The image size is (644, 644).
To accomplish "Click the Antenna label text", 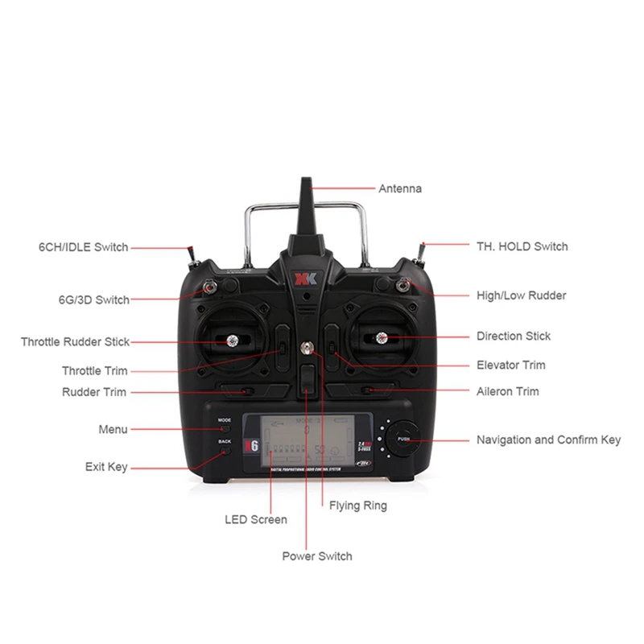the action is (x=400, y=188).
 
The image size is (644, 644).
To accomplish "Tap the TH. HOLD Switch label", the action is (x=522, y=246).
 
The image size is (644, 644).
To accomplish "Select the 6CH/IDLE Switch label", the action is (x=83, y=247).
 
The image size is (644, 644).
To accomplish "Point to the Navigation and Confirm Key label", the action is (x=548, y=440).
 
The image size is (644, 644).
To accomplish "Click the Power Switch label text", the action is (x=316, y=555).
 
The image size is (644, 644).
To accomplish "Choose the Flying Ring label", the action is (x=357, y=506).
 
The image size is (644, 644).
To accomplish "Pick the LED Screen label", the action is (x=255, y=519).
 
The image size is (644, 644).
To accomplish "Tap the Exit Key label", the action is (x=106, y=467).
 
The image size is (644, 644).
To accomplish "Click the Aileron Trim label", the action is (x=508, y=391).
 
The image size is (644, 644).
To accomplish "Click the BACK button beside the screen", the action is (x=224, y=448).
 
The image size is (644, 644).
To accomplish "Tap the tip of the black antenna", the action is (x=305, y=180).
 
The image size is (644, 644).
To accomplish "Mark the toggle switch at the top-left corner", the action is (x=192, y=255).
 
